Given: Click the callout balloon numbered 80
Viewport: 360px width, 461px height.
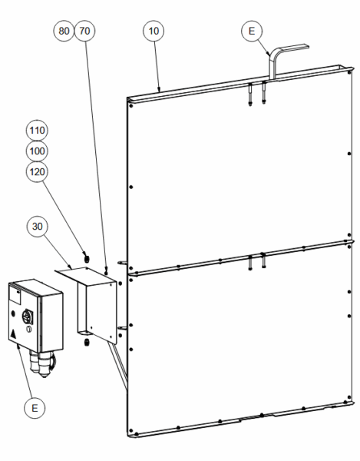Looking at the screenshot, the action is pos(64,31).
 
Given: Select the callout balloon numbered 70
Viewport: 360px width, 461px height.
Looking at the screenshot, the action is pos(84,31).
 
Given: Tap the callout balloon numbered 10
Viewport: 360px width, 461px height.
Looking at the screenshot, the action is pos(154,31).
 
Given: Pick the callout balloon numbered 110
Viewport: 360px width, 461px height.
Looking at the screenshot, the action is pos(37,131).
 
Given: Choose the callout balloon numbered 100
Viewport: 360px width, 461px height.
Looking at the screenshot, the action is pos(37,151).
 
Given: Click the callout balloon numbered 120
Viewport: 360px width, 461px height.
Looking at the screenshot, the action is pos(37,171).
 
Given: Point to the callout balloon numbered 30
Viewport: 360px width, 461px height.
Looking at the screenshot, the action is pos(37,227).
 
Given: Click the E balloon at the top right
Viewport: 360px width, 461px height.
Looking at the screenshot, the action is pos(252,31).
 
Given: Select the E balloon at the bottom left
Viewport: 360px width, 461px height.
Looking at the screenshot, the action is pos(35,408).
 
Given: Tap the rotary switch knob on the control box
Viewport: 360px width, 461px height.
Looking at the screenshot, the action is pos(28,317).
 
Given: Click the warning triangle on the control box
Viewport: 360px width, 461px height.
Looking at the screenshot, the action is pos(13,334).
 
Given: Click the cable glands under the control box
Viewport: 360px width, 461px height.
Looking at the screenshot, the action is pos(42,363).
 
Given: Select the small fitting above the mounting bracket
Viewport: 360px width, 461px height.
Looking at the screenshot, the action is pos(86,259).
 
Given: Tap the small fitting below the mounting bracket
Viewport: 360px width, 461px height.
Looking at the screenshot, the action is pos(86,342).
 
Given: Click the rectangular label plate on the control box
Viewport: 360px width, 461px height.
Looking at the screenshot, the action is pos(15,295).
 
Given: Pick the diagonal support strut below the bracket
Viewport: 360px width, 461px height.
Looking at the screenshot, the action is pos(117,366).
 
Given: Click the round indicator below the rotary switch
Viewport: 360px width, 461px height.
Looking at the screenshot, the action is pos(28,329).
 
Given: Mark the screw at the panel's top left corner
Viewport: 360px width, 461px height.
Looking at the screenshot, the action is pos(131,105).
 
